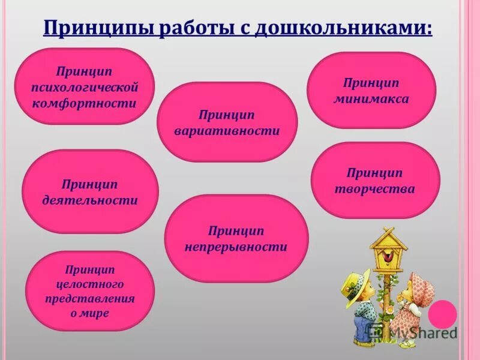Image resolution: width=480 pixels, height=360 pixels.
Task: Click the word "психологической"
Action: (x=89, y=88)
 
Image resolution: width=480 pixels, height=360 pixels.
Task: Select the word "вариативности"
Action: (x=227, y=131)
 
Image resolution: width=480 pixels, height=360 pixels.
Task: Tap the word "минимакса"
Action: (x=371, y=99)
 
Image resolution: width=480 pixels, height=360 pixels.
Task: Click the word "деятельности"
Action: (x=90, y=200)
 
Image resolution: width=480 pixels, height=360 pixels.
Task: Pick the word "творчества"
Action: (x=376, y=189)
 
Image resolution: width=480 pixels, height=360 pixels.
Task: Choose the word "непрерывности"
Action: (x=236, y=247)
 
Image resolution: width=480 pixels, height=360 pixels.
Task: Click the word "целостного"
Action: (x=90, y=284)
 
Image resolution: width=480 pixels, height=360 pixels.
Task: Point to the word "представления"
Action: (x=90, y=298)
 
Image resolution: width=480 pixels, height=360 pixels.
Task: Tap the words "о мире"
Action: (x=90, y=313)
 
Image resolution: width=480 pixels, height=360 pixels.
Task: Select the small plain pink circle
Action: (x=442, y=314)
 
